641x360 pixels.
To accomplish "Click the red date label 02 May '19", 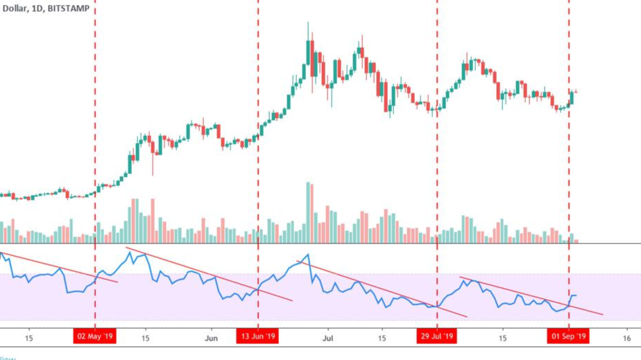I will click(95, 337).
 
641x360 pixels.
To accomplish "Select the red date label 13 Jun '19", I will click(258, 337).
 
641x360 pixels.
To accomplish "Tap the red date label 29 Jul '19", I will click(437, 337).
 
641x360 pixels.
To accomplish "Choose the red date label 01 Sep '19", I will click(569, 337).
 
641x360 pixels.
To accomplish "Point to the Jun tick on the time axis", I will click(212, 338).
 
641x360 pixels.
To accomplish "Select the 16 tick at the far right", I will click(626, 338).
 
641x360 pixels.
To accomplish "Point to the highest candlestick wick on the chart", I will click(308, 25).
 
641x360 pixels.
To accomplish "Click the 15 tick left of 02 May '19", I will click(28, 338).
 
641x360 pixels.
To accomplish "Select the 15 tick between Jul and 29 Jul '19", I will click(382, 338).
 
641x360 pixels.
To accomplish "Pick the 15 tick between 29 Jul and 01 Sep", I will click(502, 338).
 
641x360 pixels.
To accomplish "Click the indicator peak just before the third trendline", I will click(308, 255).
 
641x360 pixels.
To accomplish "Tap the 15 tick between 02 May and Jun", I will click(146, 338).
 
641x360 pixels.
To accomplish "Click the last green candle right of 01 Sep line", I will click(572, 98).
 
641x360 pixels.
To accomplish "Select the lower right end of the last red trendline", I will click(602, 314).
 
